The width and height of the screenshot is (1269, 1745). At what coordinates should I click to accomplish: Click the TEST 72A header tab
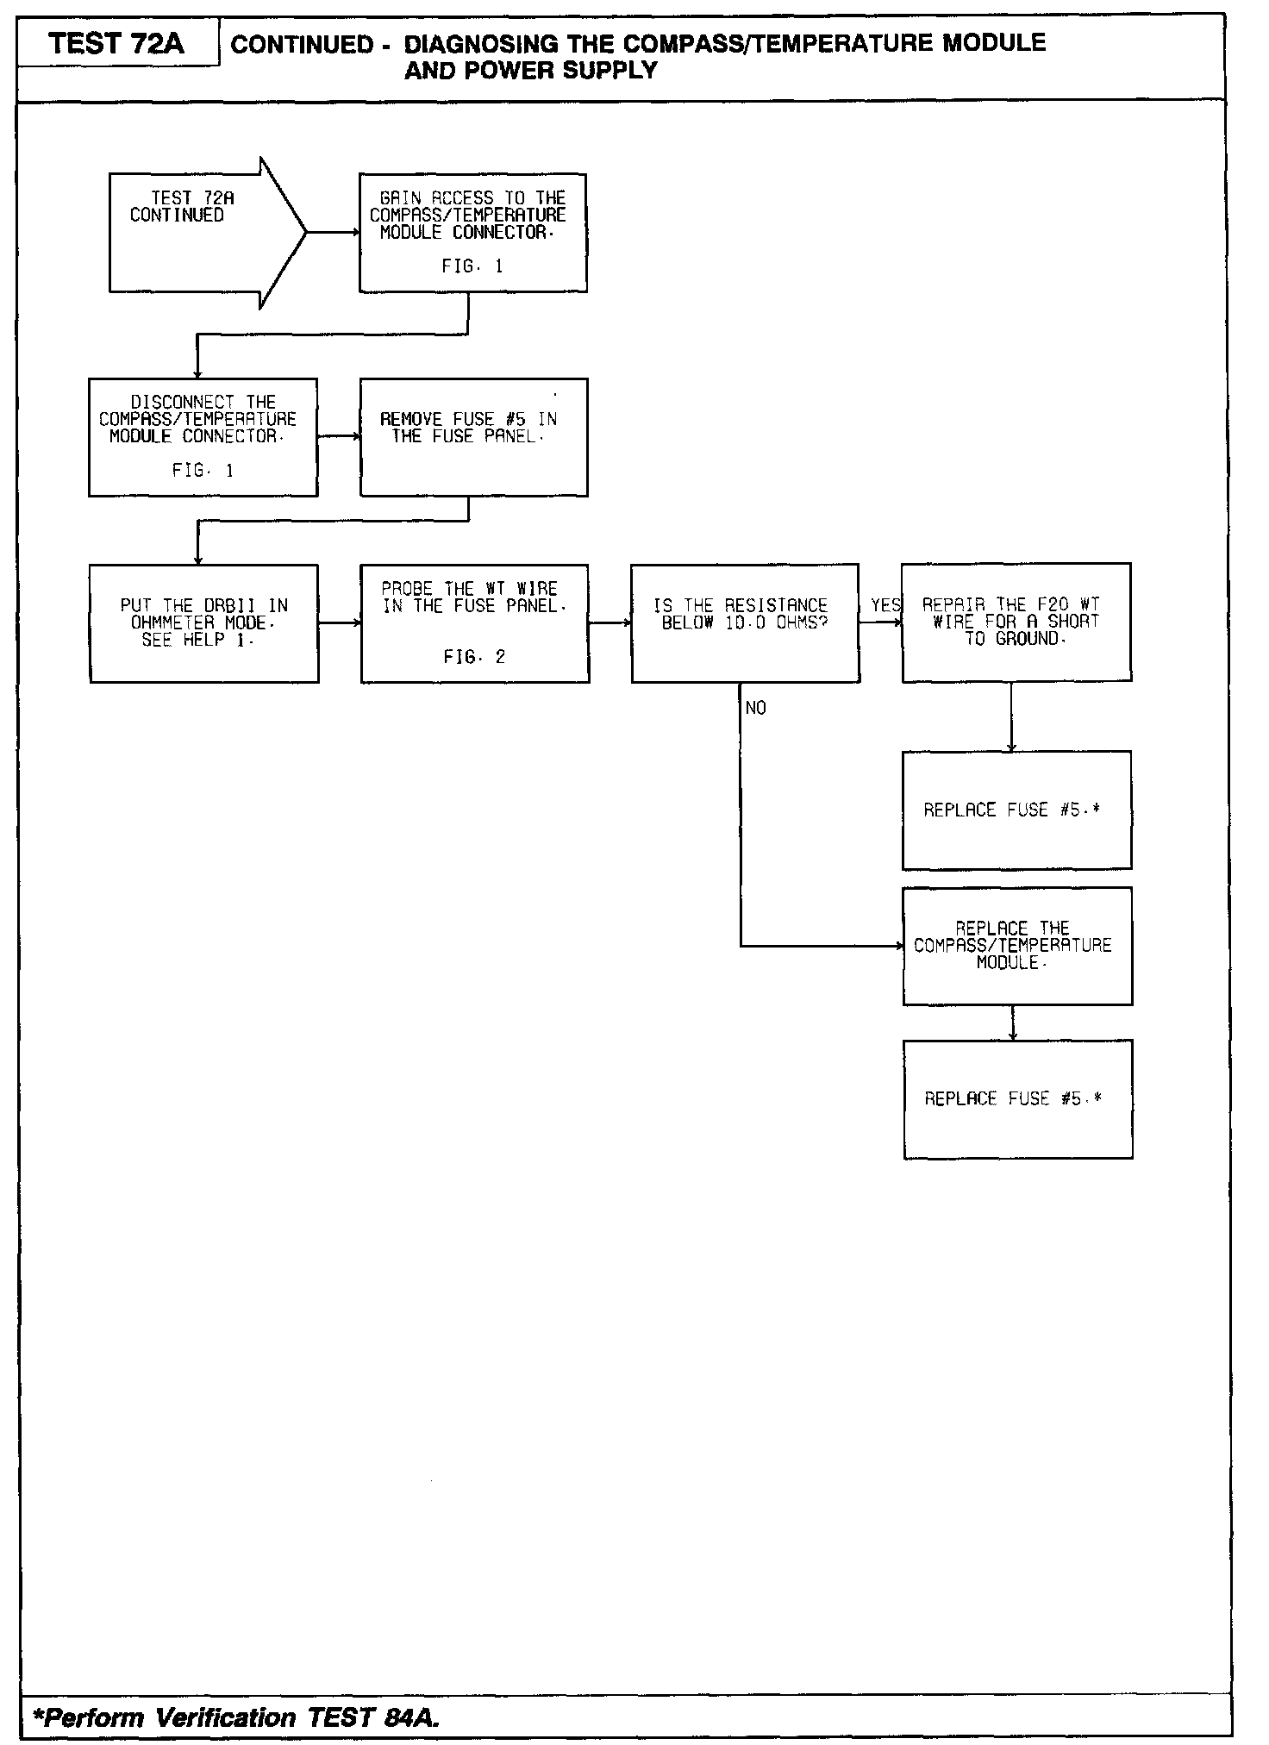pos(117,43)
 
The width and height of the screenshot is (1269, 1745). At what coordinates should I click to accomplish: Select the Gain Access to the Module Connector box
pos(472,232)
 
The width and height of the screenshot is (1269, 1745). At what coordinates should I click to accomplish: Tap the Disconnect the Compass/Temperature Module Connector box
pos(203,436)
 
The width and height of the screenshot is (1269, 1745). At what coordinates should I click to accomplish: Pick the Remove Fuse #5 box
pos(473,436)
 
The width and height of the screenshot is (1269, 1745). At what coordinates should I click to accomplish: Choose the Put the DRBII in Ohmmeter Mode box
pos(203,623)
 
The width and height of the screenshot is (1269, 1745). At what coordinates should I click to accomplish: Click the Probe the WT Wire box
pos(474,623)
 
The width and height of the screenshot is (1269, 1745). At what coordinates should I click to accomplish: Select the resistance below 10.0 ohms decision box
pos(745,622)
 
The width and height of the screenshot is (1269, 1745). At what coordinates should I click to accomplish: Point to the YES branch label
pos(885,605)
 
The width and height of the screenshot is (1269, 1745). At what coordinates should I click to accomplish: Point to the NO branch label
pos(755,708)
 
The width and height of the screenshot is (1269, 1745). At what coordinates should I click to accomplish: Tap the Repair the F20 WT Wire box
pos(1016,622)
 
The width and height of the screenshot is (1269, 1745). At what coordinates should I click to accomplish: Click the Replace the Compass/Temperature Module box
pos(1016,946)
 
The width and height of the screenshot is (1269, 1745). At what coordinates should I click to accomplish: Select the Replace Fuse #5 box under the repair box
pos(1016,810)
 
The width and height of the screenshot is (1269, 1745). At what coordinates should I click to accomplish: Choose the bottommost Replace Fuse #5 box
pos(1017,1098)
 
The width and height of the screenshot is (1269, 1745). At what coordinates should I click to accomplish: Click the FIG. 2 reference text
pos(474,658)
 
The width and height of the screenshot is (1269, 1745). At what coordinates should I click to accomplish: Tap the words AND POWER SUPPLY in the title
pos(530,71)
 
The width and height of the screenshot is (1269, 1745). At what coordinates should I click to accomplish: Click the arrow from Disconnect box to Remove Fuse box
pos(338,436)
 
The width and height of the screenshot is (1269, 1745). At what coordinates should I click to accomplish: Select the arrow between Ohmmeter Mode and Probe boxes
pos(339,622)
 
